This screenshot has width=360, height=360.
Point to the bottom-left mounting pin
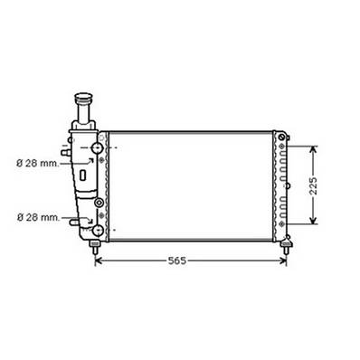tap(95, 244)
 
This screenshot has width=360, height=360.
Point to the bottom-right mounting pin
tap(287, 244)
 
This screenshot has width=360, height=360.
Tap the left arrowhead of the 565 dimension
tap(99, 261)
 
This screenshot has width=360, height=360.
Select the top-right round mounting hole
tap(285, 138)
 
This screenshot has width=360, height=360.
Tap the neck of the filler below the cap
tap(86, 116)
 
